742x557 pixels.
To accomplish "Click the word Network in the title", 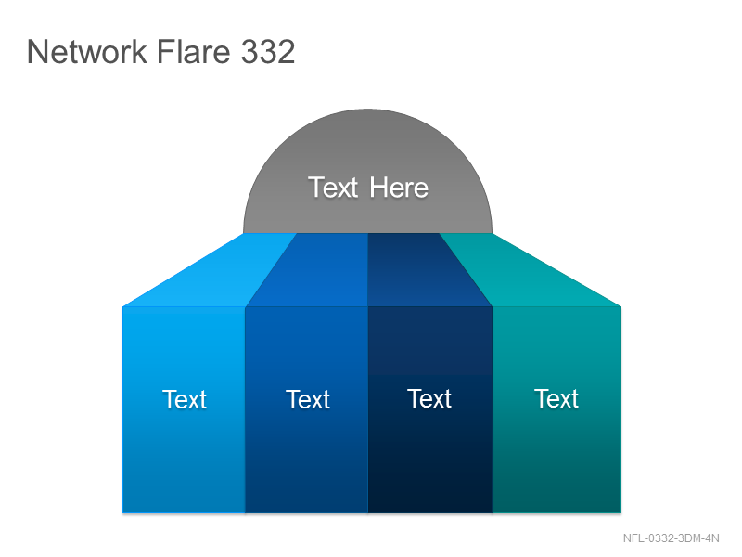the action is tap(87, 51).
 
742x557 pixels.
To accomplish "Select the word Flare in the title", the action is tap(193, 51).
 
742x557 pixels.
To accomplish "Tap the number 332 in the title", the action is tap(268, 51).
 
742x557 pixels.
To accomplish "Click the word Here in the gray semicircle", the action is tap(399, 188).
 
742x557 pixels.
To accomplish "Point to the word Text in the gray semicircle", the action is tap(333, 188).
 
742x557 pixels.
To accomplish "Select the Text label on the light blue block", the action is tap(185, 399).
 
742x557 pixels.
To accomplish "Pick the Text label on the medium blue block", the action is tap(308, 399).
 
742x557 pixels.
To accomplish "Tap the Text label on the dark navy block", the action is tap(429, 398).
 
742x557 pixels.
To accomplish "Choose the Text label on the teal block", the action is tap(556, 398).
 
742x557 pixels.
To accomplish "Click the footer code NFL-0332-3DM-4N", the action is tap(671, 538).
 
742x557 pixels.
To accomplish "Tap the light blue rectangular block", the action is tap(184, 409).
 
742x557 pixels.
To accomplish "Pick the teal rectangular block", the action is tap(557, 409).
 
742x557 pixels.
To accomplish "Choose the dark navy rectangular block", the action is tap(430, 409).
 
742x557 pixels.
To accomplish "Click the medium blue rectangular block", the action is tap(307, 409).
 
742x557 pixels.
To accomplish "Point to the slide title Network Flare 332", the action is tap(160, 51).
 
